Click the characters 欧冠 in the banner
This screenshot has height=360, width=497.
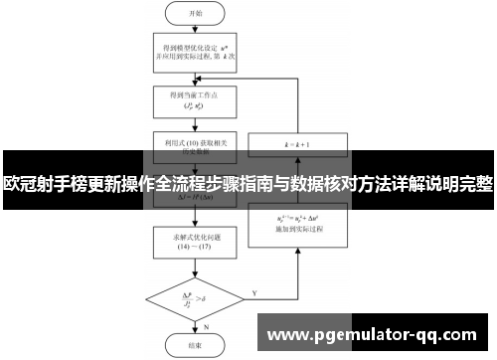click(21, 184)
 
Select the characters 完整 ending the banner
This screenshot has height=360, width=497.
click(476, 184)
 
